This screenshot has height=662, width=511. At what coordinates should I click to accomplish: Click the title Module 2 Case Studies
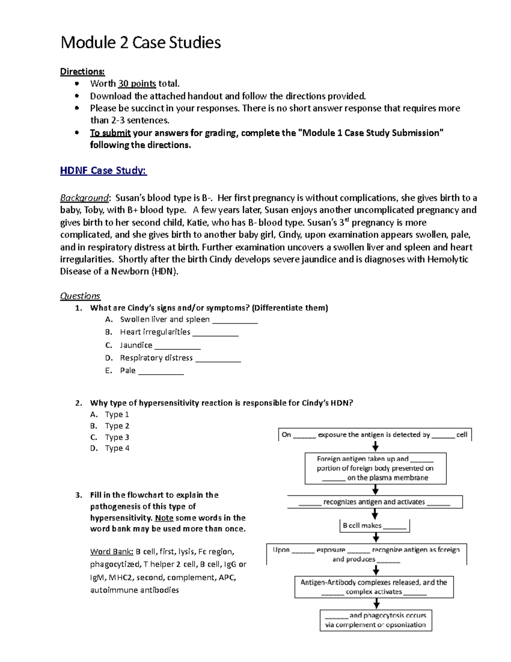pyautogui.click(x=141, y=43)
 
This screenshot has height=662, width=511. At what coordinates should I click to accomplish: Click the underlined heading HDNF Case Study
pyautogui.click(x=103, y=171)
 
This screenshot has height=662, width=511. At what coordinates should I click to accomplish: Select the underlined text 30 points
pyautogui.click(x=137, y=84)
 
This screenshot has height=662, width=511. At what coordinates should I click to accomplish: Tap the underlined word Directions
pyautogui.click(x=82, y=71)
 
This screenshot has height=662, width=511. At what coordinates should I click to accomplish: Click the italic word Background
pyautogui.click(x=84, y=198)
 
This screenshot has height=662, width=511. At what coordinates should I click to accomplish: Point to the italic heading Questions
pyautogui.click(x=80, y=296)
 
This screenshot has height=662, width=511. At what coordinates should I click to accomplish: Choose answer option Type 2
pyautogui.click(x=117, y=426)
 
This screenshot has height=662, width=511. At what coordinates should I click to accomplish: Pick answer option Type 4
pyautogui.click(x=117, y=448)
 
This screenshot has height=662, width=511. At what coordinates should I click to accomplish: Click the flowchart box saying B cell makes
pyautogui.click(x=375, y=526)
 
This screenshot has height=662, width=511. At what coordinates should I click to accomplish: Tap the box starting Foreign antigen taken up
pyautogui.click(x=375, y=468)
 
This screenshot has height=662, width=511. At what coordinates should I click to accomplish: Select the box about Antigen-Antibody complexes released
pyautogui.click(x=374, y=587)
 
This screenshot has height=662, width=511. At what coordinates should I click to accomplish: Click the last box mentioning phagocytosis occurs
pyautogui.click(x=376, y=620)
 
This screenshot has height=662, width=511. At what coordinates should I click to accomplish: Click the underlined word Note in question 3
pyautogui.click(x=164, y=518)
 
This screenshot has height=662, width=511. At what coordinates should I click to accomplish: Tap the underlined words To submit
pyautogui.click(x=110, y=133)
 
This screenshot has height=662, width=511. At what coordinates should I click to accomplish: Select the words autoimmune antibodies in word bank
pyautogui.click(x=135, y=590)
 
